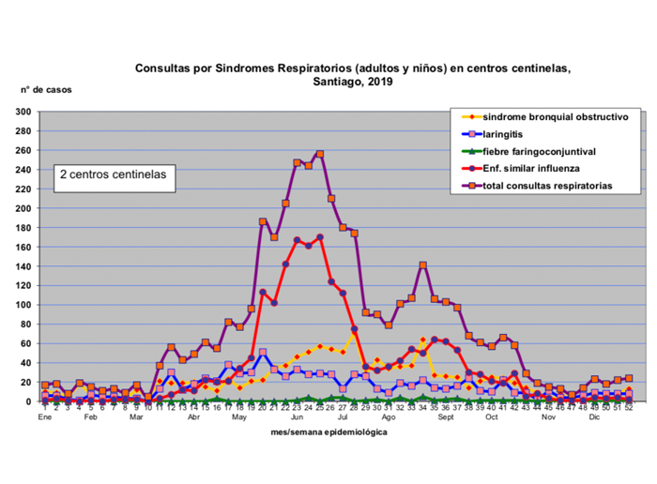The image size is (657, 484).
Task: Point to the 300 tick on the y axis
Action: pos(23,112)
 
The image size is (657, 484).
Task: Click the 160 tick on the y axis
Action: pos(23,247)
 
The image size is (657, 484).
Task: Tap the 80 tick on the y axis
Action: pos(26,325)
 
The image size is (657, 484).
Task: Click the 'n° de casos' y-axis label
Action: pos(46,90)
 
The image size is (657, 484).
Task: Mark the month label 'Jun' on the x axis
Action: pos(296,416)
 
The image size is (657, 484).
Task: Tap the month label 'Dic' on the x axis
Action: pos(594,416)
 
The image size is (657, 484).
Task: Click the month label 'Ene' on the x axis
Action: pos(44,416)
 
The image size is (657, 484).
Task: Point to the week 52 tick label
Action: pos(628,407)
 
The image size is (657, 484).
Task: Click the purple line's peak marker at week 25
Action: pos(320,154)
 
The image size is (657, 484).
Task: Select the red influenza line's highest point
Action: pos(320,237)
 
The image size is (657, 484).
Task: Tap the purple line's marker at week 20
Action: pos(263,222)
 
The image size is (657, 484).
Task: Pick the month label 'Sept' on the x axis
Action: pos(445,416)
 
